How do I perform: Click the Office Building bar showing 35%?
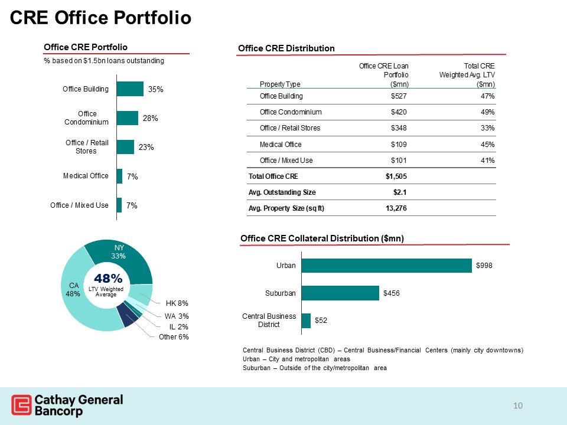point(131,89)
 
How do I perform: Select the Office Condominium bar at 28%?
point(128,118)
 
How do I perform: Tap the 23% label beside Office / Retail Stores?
point(146,148)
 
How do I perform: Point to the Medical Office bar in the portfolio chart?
point(120,176)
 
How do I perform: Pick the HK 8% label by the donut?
point(177,303)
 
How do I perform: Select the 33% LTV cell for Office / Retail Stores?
point(487,127)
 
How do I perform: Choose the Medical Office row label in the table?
point(281,144)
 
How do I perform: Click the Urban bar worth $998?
point(387,266)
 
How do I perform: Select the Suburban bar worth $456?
point(340,293)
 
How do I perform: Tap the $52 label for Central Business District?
point(321,320)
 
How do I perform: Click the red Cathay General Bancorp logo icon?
point(21,406)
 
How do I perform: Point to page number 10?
point(519,405)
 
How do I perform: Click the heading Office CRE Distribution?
point(286,48)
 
